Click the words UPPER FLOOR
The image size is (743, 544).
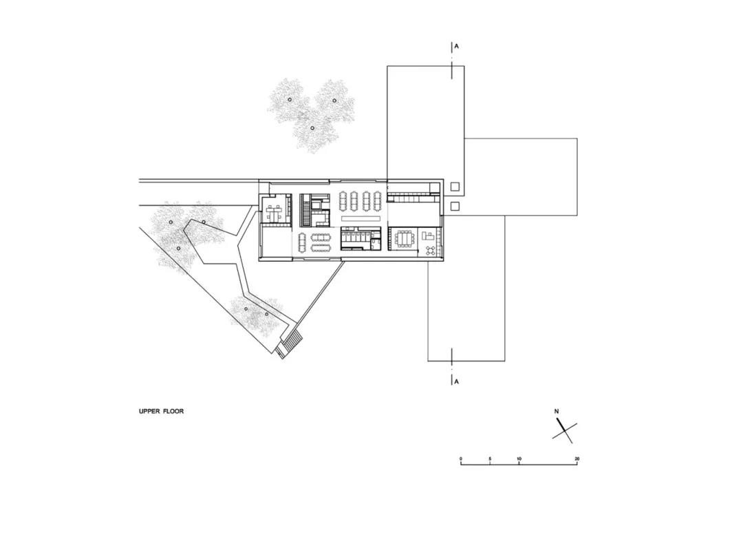[x=161, y=411]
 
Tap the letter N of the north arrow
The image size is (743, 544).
[x=557, y=411]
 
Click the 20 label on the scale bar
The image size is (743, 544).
[x=577, y=459]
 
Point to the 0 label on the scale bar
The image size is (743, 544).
[x=460, y=459]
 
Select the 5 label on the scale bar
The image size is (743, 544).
[x=490, y=459]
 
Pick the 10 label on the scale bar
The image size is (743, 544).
[x=519, y=459]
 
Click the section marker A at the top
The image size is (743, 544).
[x=457, y=47]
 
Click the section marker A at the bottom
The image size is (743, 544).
[x=457, y=381]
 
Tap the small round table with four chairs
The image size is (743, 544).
[x=431, y=251]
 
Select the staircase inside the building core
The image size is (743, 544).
[x=305, y=211]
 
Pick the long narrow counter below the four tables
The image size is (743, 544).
[x=360, y=218]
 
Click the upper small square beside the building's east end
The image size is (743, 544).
[x=455, y=187]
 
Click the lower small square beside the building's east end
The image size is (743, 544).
[x=455, y=206]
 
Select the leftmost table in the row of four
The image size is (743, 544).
[x=343, y=200]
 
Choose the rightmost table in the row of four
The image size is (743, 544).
[x=378, y=200]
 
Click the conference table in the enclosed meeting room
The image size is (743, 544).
[x=405, y=238]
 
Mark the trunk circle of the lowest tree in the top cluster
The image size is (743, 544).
[x=312, y=127]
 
